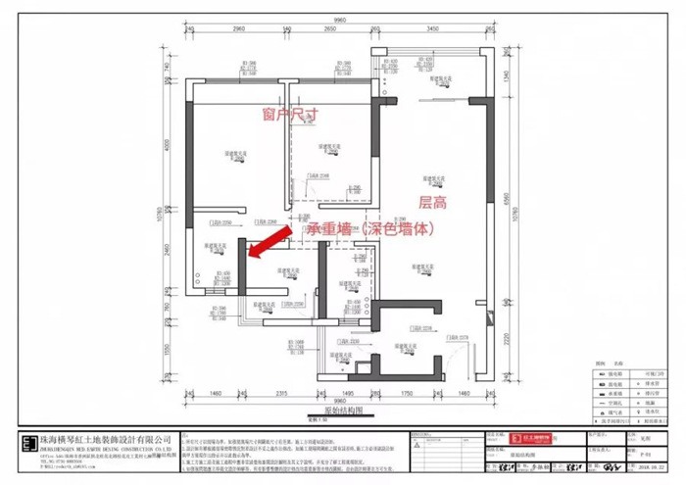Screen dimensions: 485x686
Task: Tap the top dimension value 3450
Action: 428,30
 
